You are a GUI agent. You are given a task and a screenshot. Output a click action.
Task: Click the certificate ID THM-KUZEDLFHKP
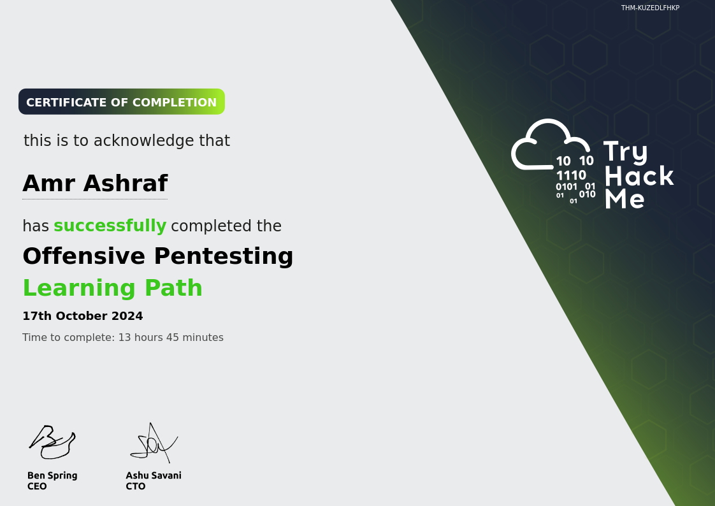pyautogui.click(x=650, y=8)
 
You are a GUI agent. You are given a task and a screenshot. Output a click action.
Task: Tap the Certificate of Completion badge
pyautogui.click(x=122, y=102)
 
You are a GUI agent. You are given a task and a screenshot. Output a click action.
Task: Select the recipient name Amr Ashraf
pyautogui.click(x=96, y=184)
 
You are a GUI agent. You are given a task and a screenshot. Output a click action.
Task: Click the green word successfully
pyautogui.click(x=110, y=226)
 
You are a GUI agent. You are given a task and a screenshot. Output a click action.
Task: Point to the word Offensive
pyautogui.click(x=84, y=256)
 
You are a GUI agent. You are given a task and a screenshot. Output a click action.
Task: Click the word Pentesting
pyautogui.click(x=224, y=257)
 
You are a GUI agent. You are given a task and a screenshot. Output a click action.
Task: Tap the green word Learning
pyautogui.click(x=80, y=289)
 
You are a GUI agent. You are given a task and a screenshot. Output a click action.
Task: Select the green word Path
pyautogui.click(x=173, y=287)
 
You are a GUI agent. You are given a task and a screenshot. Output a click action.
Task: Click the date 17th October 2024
pyautogui.click(x=83, y=316)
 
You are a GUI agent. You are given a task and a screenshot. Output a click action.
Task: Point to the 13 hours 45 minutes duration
pyautogui.click(x=171, y=337)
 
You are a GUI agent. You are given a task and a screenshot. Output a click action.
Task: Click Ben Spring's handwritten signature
pyautogui.click(x=52, y=442)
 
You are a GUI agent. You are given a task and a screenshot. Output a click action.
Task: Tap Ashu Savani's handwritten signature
pyautogui.click(x=154, y=443)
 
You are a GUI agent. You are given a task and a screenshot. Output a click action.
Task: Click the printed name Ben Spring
pyautogui.click(x=52, y=475)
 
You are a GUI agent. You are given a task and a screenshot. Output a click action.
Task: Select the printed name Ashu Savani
pyautogui.click(x=154, y=475)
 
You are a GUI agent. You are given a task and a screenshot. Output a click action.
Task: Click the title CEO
pyautogui.click(x=37, y=486)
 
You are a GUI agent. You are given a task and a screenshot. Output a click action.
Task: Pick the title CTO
pyautogui.click(x=136, y=486)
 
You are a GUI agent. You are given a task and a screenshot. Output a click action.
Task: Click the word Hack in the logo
pyautogui.click(x=639, y=175)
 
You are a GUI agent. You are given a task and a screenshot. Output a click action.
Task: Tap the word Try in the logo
pyautogui.click(x=625, y=152)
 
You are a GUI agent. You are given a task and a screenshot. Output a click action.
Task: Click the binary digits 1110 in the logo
pyautogui.click(x=571, y=175)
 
